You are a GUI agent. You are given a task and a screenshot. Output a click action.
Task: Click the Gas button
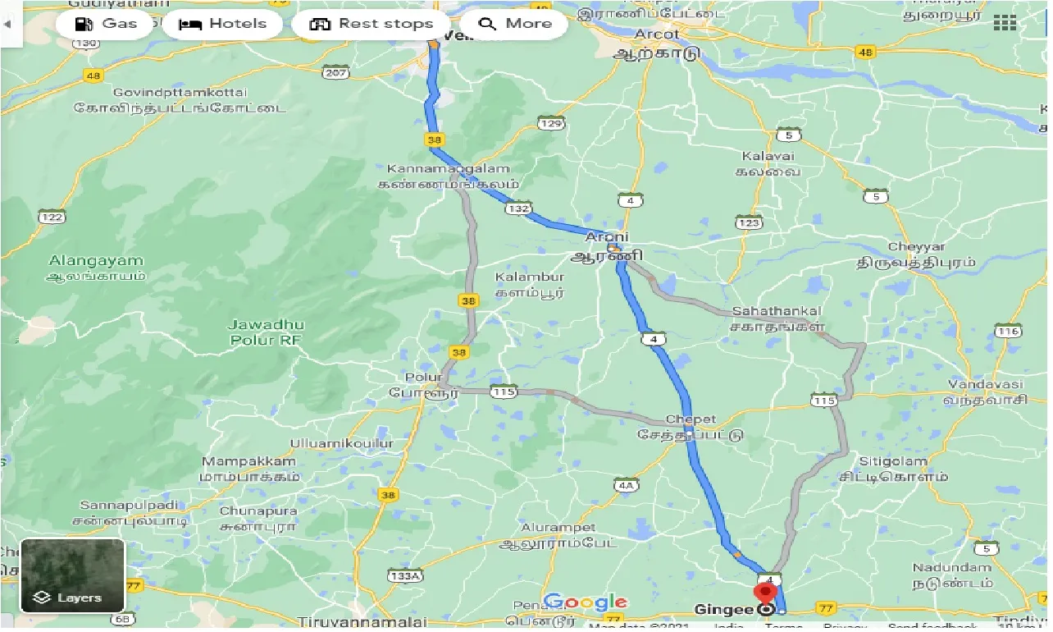pos(105,24)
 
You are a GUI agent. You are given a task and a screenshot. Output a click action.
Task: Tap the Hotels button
pos(223,24)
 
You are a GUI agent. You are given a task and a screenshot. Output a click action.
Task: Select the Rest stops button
pos(371,24)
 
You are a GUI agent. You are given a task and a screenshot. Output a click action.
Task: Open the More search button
pos(514,24)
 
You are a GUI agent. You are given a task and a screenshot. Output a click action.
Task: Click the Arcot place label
pos(658,34)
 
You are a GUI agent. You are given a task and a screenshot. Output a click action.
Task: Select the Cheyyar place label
pos(917,246)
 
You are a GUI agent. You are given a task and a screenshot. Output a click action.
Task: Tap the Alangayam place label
pos(96,261)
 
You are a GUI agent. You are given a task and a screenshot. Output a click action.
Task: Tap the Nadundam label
pos(952,567)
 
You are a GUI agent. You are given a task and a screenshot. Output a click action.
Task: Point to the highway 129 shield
pos(551,123)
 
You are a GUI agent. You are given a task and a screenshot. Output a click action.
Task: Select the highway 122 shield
pos(51,217)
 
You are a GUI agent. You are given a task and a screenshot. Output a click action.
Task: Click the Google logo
pos(585,602)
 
